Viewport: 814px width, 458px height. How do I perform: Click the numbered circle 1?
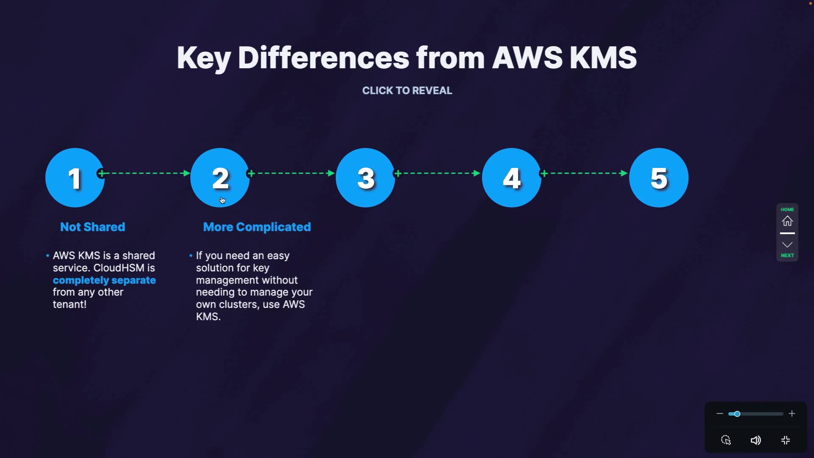click(75, 178)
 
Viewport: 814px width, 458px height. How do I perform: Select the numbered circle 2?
click(220, 178)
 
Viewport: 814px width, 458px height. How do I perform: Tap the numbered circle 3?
click(365, 178)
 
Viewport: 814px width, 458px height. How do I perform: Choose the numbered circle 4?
click(512, 178)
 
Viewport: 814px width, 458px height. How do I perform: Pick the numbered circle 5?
click(659, 178)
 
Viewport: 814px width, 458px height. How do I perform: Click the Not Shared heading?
click(92, 227)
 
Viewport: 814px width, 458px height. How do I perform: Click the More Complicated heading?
click(257, 227)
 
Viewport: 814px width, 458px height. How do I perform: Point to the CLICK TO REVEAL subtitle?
click(407, 91)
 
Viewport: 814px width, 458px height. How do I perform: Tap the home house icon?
click(787, 221)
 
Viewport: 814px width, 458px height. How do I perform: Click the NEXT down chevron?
click(787, 245)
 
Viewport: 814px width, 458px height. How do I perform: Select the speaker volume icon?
click(755, 440)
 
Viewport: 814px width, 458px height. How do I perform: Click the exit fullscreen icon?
click(786, 440)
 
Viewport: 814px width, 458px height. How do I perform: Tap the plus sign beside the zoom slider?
click(792, 413)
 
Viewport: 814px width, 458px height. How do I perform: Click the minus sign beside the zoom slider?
click(719, 413)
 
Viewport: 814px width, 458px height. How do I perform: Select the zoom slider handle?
click(737, 414)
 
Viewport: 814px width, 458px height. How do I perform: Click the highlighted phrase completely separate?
click(104, 280)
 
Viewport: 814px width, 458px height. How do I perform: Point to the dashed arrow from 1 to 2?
click(144, 173)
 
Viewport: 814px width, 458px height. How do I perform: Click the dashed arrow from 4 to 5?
click(585, 173)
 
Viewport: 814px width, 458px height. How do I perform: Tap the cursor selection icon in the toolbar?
click(726, 440)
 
